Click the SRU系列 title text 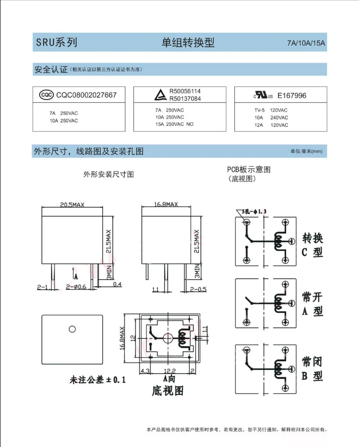[x=57, y=43]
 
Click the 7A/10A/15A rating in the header [x=306, y=44]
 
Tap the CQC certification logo [x=46, y=95]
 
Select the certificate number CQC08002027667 [x=87, y=95]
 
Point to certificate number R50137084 [x=185, y=98]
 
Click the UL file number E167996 [x=292, y=95]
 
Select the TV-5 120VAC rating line [x=271, y=110]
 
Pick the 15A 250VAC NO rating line [x=175, y=124]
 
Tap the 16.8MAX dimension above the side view [x=166, y=205]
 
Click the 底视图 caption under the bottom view [x=167, y=391]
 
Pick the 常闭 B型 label [x=312, y=369]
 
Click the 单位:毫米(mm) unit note [x=306, y=151]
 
